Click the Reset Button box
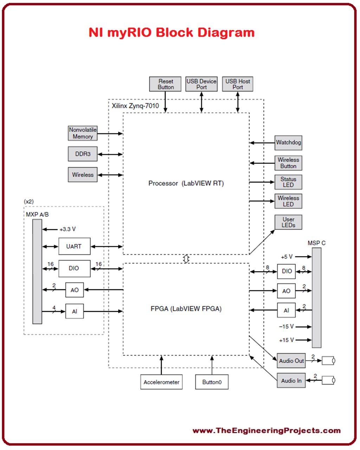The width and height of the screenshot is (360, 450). [x=166, y=84]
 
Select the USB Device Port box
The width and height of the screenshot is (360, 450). [x=201, y=84]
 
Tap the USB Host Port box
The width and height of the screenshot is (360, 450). [x=238, y=84]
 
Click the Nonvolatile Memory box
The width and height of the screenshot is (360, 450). [x=83, y=133]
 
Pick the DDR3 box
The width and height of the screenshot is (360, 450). [x=83, y=154]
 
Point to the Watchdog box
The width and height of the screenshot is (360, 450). [x=288, y=143]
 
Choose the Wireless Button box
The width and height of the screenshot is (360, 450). [x=288, y=163]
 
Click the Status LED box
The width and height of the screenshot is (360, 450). [x=288, y=182]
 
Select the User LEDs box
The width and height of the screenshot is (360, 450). [x=288, y=222]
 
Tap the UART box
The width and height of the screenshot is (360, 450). [x=74, y=246]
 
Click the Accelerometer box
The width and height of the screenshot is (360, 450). [x=161, y=382]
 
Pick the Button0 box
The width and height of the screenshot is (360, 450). [x=212, y=382]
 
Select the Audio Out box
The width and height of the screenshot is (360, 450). [x=291, y=361]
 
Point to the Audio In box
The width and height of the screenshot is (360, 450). [x=291, y=381]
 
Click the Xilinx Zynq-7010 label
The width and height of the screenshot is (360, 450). [x=135, y=106]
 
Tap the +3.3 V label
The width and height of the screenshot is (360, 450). [x=67, y=229]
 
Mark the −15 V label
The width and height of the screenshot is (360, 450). [x=286, y=327]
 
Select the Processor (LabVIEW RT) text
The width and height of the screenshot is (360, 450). [x=186, y=184]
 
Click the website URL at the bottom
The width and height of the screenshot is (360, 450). [x=266, y=431]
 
